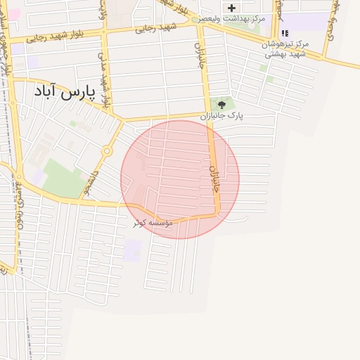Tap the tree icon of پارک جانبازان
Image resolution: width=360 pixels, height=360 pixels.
(222, 104)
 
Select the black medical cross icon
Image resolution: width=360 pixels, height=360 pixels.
(231, 8)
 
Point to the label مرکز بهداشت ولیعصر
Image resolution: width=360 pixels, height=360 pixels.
(233, 18)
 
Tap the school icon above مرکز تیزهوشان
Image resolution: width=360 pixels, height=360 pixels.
(285, 33)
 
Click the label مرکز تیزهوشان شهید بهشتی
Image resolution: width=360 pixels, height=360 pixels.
(285, 49)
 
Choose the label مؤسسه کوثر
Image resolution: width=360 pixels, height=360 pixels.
(149, 222)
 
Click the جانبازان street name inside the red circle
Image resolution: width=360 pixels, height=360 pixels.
(215, 180)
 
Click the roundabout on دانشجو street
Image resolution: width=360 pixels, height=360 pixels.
(107, 150)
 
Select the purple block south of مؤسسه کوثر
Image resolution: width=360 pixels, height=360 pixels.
(131, 250)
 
